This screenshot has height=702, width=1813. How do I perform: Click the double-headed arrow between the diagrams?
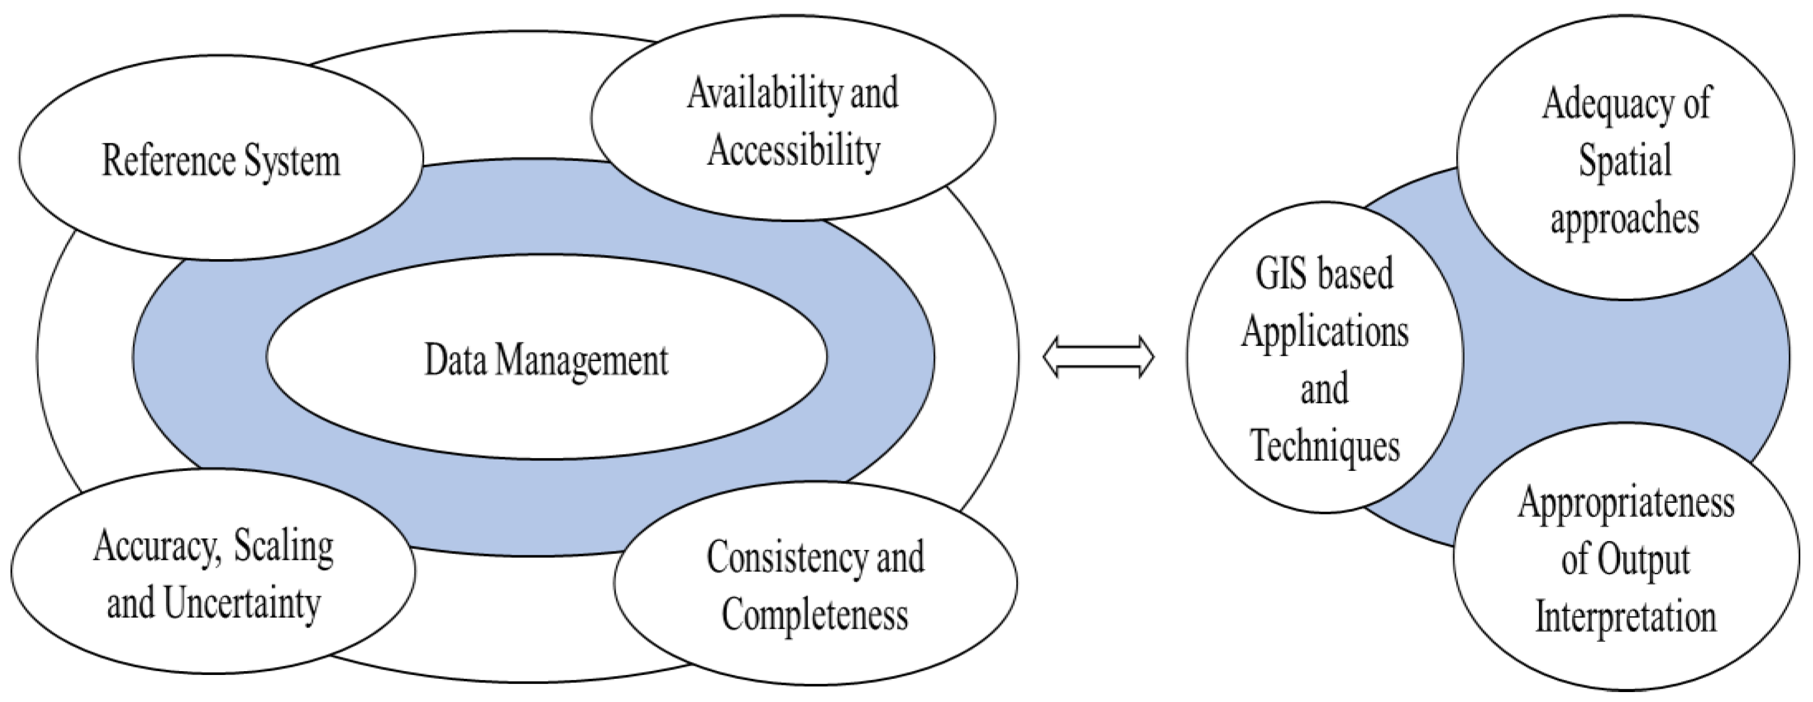pos(1098,358)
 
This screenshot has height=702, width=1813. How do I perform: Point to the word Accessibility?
pos(794,151)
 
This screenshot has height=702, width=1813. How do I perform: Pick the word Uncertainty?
pos(243,603)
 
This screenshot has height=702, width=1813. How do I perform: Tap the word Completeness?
pos(815,615)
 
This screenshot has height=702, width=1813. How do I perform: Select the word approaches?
pos(1625,219)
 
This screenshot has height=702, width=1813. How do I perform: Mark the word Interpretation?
pos(1625,618)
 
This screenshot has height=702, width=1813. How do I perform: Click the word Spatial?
pos(1625,161)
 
